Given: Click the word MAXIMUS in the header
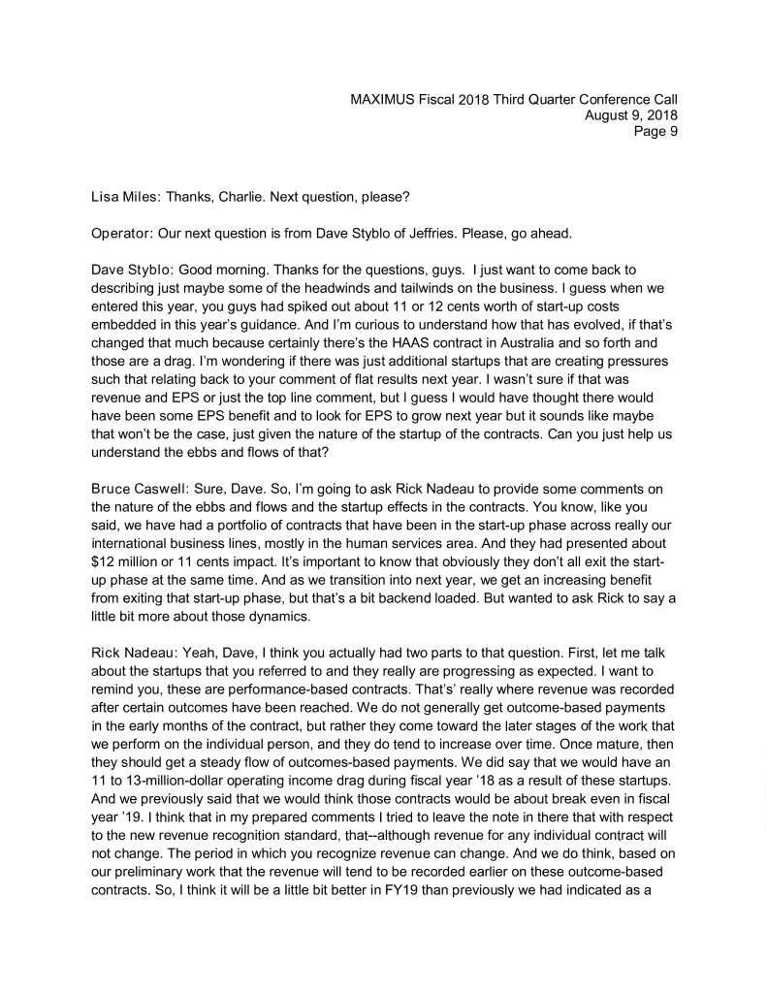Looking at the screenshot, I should point(383,99).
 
